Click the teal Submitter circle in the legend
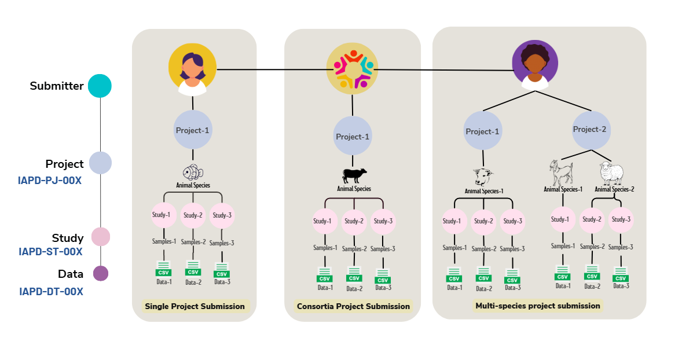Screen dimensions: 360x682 (100, 86)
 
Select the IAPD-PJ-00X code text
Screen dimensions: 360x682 (50, 180)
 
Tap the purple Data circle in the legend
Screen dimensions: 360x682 (101, 273)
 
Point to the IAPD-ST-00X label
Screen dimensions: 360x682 (50, 252)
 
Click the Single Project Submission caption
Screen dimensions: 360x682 (195, 306)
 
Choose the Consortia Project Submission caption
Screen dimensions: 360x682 (353, 306)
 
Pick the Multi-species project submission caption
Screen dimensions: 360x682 (537, 305)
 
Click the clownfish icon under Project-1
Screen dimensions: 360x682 (193, 173)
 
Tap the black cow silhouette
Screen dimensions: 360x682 (354, 175)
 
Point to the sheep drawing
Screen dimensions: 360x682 (611, 172)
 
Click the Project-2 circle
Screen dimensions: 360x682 (589, 130)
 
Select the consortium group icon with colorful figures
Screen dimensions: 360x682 (352, 69)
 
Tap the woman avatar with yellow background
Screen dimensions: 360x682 (192, 70)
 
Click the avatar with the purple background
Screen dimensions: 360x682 (534, 64)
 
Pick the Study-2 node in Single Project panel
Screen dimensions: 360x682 (193, 215)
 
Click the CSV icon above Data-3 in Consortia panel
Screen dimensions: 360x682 (382, 276)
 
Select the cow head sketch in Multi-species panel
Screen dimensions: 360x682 (482, 175)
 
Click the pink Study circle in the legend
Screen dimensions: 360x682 (101, 237)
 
